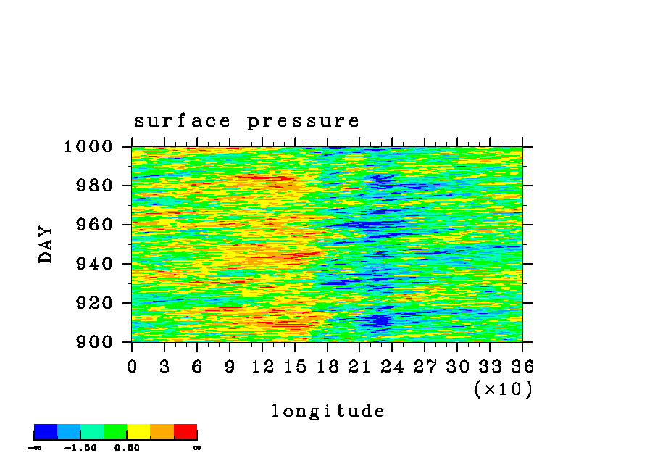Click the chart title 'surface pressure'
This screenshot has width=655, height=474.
[246, 122]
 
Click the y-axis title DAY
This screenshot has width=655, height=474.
[46, 244]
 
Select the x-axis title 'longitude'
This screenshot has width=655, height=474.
[328, 411]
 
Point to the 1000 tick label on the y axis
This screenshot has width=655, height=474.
[88, 146]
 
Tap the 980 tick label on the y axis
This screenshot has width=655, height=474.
[94, 185]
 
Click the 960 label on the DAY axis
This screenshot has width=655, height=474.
[94, 225]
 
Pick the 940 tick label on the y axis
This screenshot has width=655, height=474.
[94, 264]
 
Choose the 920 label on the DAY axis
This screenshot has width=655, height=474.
[94, 303]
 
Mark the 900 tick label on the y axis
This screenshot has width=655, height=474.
[94, 342]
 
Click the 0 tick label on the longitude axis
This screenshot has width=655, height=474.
[132, 367]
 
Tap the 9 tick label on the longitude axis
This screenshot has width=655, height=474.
[230, 367]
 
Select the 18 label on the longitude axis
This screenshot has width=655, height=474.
[327, 367]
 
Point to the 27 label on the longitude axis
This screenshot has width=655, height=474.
[425, 367]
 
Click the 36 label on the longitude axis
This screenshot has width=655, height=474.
[522, 367]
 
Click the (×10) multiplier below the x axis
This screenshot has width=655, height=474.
[504, 389]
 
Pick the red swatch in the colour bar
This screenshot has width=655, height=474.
[185, 432]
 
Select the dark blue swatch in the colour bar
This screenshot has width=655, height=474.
[46, 432]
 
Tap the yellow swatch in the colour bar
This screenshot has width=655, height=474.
[138, 432]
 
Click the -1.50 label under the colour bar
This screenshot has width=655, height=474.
[80, 448]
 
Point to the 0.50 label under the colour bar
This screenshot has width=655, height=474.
[127, 448]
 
